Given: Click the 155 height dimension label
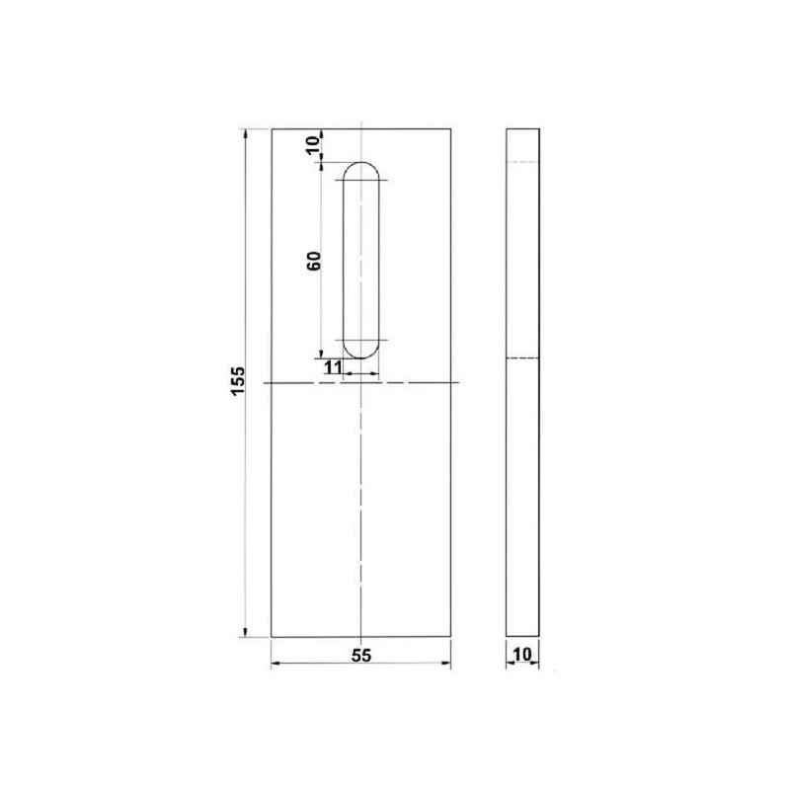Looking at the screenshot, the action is (238, 381).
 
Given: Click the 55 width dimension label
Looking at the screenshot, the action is (361, 655).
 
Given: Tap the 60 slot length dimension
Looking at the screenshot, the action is (314, 261).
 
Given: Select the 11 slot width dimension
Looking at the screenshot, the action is (332, 367).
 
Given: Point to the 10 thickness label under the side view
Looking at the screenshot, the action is (522, 655).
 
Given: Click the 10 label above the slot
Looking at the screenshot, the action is (313, 144).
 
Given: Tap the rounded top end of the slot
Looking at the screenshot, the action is (361, 163).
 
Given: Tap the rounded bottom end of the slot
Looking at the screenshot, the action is (361, 357).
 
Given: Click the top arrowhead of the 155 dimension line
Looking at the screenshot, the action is (245, 133).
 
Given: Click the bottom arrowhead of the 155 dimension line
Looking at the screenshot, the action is (245, 633).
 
